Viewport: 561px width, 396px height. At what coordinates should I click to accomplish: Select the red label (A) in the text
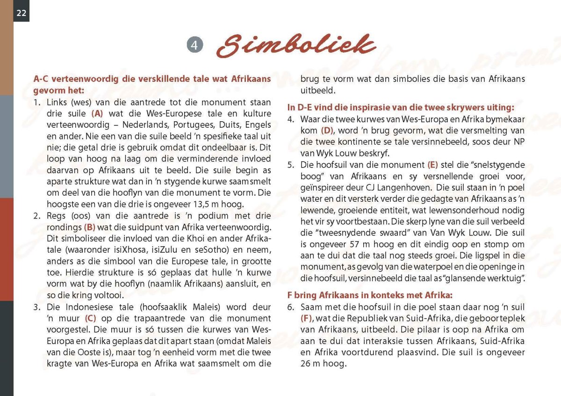pos(97,114)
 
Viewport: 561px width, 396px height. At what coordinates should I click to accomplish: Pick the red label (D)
pos(326,131)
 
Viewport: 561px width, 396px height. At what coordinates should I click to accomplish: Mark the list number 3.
pos(37,308)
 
